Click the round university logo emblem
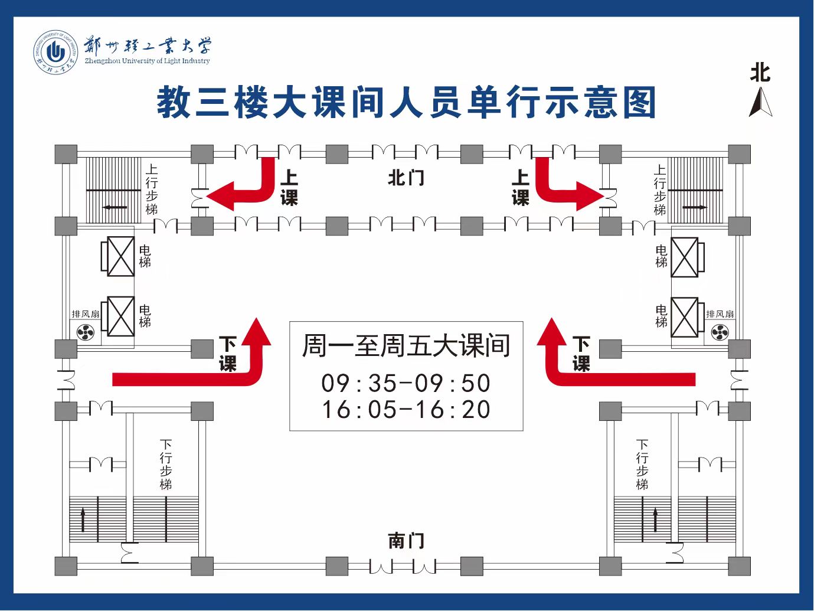coord(55,53)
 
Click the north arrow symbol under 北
coord(760,103)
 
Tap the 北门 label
coord(406,178)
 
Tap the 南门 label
coord(406,540)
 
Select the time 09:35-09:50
coord(406,383)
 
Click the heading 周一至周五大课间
coord(406,346)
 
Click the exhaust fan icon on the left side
coord(86,333)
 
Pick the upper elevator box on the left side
coord(120,256)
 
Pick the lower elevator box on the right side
coord(685,317)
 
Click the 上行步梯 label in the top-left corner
coord(152,189)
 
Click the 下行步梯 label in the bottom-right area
coord(642,465)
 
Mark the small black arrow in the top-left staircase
coord(115,207)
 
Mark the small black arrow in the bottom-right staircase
coord(655,519)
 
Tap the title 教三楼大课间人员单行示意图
coord(406,103)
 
